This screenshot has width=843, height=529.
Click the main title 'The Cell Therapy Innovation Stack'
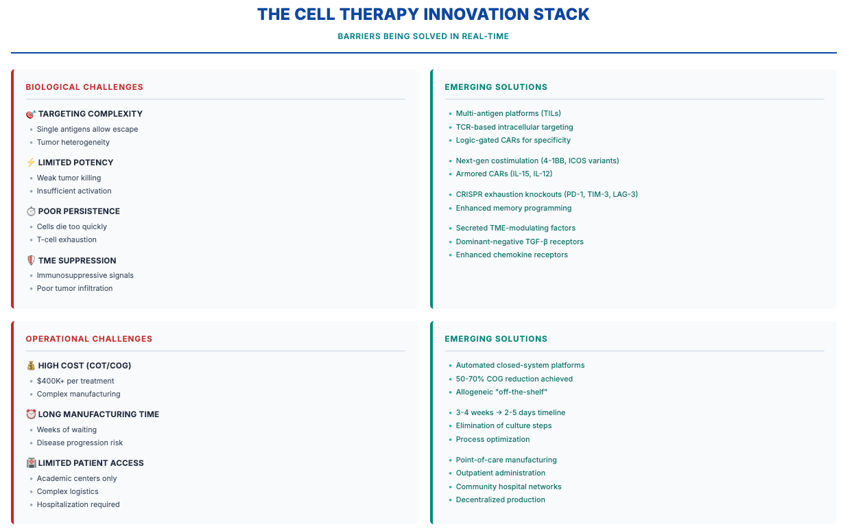click(x=423, y=14)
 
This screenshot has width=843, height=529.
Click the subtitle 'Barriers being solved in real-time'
click(x=423, y=36)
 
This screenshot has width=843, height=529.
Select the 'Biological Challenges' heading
click(x=84, y=87)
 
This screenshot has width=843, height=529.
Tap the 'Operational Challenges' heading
click(x=89, y=339)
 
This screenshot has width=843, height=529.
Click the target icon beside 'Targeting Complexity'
click(x=31, y=114)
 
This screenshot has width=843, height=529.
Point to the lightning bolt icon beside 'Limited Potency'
click(x=31, y=163)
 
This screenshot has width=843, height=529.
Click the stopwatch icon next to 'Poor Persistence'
click(x=31, y=211)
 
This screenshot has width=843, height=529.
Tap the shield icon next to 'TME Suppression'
click(x=31, y=261)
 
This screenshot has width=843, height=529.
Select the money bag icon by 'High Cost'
click(x=31, y=366)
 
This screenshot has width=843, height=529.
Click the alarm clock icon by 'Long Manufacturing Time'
click(x=31, y=414)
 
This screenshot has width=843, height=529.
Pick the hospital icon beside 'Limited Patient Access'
click(x=31, y=463)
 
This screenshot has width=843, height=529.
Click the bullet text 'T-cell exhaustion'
click(x=67, y=240)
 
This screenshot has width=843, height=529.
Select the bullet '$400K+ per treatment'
click(x=75, y=381)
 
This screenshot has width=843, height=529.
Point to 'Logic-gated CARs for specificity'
click(x=513, y=140)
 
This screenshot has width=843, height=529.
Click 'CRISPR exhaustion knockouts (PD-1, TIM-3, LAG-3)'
click(x=547, y=195)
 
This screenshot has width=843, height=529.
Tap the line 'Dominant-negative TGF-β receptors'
click(x=519, y=242)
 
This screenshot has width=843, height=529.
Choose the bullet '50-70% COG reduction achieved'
click(x=514, y=379)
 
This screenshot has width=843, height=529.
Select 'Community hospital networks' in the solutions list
click(x=508, y=487)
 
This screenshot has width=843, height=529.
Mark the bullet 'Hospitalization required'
click(x=78, y=505)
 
